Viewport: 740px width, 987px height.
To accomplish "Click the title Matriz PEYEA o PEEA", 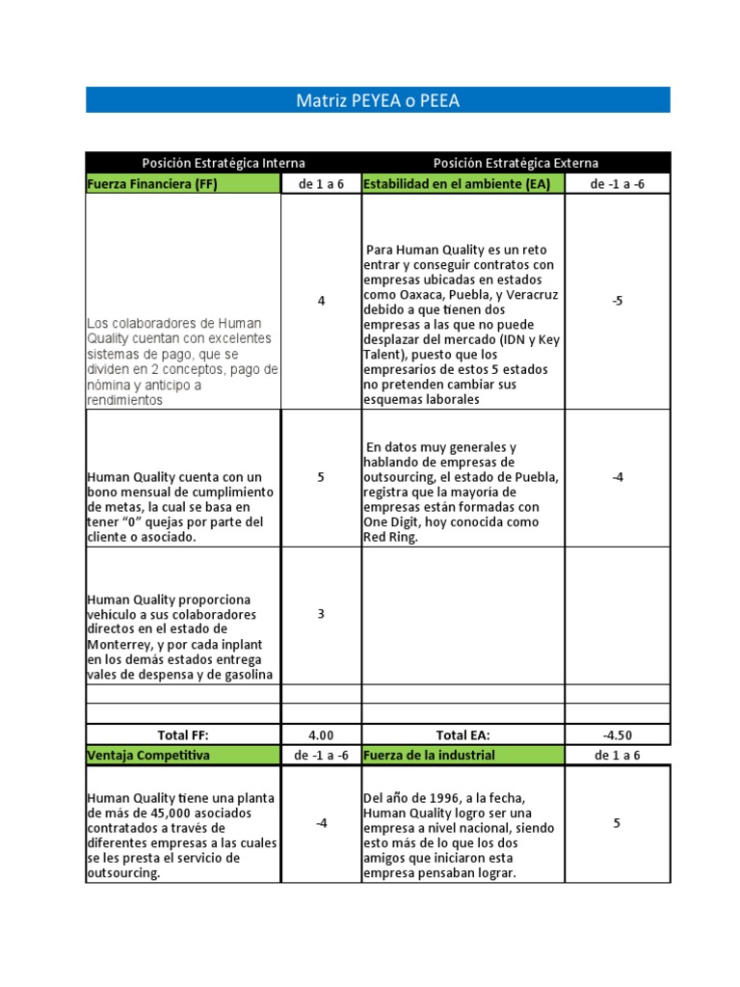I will pyautogui.click(x=378, y=100).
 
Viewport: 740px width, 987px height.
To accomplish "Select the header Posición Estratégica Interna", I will pyautogui.click(x=223, y=163).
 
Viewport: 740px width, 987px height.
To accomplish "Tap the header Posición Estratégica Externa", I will pyautogui.click(x=515, y=163).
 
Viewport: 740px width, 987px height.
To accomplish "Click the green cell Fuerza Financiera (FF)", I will pyautogui.click(x=152, y=184).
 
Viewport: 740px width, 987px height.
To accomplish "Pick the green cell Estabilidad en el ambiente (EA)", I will pyautogui.click(x=456, y=184).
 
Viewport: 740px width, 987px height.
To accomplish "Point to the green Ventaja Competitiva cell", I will pyautogui.click(x=148, y=755).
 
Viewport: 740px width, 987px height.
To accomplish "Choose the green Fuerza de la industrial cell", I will pyautogui.click(x=429, y=755).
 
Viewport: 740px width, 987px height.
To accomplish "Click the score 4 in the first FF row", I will pyautogui.click(x=321, y=301).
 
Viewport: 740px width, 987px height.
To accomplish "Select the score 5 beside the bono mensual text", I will pyautogui.click(x=321, y=477).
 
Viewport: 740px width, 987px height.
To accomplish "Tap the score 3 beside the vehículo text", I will pyautogui.click(x=321, y=614).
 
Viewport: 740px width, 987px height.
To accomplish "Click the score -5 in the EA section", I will pyautogui.click(x=618, y=301).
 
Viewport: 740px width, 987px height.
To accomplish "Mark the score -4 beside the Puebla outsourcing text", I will pyautogui.click(x=618, y=477).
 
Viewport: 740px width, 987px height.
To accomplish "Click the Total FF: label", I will pyautogui.click(x=183, y=735).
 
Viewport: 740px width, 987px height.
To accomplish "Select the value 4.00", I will pyautogui.click(x=321, y=735).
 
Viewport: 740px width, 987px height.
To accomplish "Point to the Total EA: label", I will pyautogui.click(x=462, y=735).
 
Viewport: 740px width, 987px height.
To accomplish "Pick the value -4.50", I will pyautogui.click(x=618, y=735).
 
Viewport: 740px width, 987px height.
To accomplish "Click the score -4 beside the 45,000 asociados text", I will pyautogui.click(x=321, y=823).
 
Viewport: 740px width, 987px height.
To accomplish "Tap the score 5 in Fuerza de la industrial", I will pyautogui.click(x=618, y=823).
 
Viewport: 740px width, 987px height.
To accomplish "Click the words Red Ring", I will pyautogui.click(x=390, y=538).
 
